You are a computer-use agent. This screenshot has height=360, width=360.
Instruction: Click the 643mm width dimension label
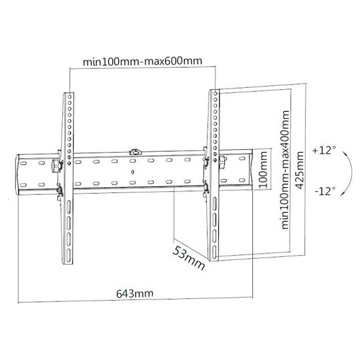(135, 293)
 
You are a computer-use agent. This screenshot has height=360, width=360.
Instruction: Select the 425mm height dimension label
(300, 170)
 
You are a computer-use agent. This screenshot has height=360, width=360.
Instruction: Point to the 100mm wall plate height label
(263, 169)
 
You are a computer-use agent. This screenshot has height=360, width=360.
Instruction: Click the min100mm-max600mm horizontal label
(142, 61)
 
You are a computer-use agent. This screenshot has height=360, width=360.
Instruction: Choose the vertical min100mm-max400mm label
(285, 170)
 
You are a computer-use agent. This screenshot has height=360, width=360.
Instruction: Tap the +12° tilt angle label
(323, 151)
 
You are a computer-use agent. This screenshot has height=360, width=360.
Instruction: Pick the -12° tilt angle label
(325, 191)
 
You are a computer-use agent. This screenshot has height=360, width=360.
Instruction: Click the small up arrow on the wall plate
(133, 172)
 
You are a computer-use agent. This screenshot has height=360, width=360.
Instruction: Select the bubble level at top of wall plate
(135, 152)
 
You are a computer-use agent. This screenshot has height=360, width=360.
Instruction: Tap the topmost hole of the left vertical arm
(69, 97)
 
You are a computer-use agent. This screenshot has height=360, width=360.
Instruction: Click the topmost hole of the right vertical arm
(215, 94)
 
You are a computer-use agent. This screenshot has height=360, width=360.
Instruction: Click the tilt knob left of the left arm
(55, 166)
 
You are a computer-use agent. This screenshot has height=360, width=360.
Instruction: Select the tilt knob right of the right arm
(223, 161)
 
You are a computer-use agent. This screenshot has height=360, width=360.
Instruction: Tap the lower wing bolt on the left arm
(60, 190)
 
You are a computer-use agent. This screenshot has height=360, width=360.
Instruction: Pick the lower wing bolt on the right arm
(206, 186)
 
